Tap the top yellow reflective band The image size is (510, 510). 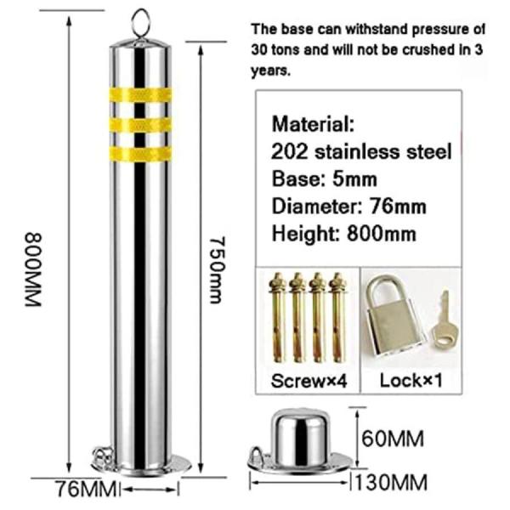click(x=140, y=94)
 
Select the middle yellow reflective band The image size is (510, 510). click(x=140, y=125)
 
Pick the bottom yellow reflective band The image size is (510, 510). click(x=140, y=154)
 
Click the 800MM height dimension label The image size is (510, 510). click(x=33, y=269)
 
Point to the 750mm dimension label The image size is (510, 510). click(x=217, y=270)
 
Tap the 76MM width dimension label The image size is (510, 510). click(x=86, y=489)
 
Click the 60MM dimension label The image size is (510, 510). click(x=393, y=439)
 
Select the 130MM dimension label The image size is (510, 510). click(x=391, y=482)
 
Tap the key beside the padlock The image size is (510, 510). click(x=445, y=318)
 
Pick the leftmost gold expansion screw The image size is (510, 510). click(x=277, y=317)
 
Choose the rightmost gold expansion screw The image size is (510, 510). click(x=338, y=317)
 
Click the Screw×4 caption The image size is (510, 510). click(x=309, y=380)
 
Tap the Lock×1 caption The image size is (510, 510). click(x=411, y=380)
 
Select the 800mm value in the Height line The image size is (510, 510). click(x=381, y=234)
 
